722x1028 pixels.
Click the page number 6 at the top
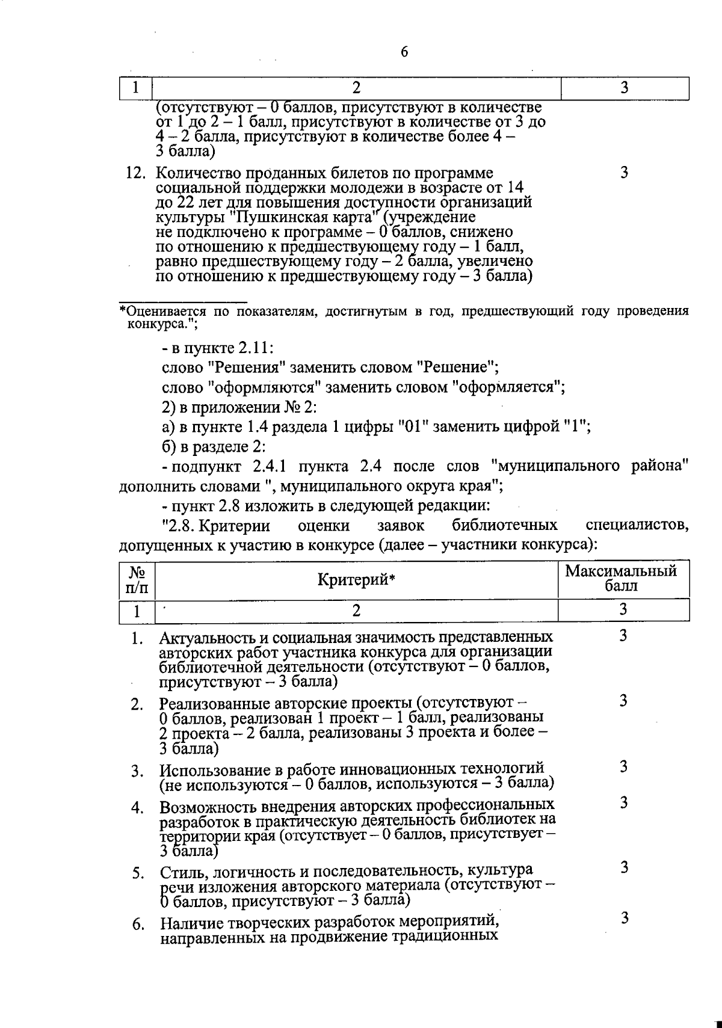[404, 52]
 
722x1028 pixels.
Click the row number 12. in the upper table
[136, 174]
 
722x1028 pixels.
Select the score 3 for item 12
[624, 173]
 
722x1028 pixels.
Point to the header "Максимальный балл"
[621, 578]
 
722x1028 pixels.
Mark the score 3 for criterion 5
[624, 867]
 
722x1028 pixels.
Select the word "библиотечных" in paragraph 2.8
[505, 526]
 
